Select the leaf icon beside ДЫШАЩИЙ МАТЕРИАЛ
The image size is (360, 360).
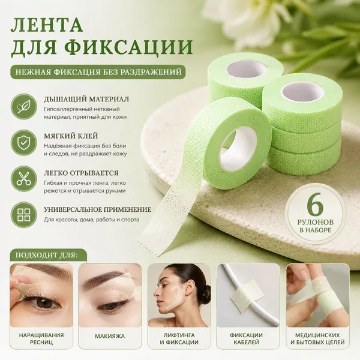(x=24, y=107)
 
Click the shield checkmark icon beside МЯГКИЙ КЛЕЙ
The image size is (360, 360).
(x=24, y=143)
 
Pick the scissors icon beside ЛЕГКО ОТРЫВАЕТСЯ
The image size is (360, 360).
(x=24, y=179)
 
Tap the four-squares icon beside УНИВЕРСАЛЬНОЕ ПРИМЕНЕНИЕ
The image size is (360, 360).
(x=24, y=215)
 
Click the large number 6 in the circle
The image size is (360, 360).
(x=316, y=206)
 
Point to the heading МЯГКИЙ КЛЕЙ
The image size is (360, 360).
(x=71, y=136)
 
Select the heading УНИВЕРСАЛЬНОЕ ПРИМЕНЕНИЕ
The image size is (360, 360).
(x=98, y=209)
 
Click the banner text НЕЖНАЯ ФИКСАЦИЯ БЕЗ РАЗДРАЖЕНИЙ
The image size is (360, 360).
(x=98, y=72)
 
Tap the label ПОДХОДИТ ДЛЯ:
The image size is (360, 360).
(x=47, y=255)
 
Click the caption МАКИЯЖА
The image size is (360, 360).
(x=110, y=337)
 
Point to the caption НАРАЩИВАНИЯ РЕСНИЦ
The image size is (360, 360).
(x=41, y=338)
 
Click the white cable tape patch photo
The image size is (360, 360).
(x=248, y=295)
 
